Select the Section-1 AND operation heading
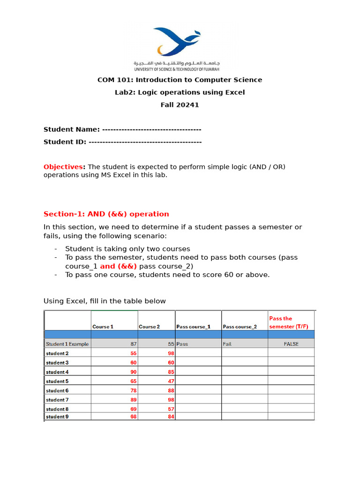(106, 214)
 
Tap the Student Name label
(71, 129)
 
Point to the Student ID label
(65, 142)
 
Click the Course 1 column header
(103, 327)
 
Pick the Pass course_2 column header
(240, 327)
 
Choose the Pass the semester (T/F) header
(287, 322)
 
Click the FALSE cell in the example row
(291, 344)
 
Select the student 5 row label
(57, 381)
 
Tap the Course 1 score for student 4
(134, 372)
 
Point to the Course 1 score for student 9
(134, 417)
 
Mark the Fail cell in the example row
(227, 344)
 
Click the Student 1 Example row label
(67, 344)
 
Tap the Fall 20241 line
(180, 105)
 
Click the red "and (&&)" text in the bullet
(119, 266)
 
